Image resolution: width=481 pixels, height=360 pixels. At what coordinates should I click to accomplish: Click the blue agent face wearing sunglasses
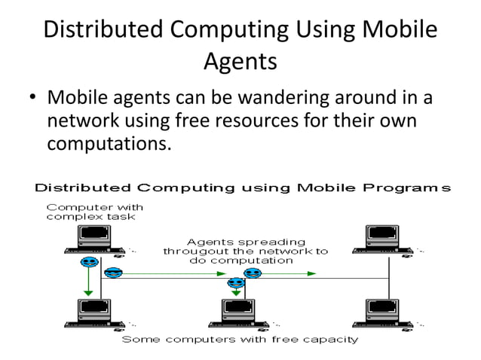[x=113, y=273]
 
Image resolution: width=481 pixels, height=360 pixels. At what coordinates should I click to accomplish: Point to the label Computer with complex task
[x=95, y=212]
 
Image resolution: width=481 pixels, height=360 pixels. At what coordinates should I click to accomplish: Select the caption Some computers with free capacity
[x=240, y=339]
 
